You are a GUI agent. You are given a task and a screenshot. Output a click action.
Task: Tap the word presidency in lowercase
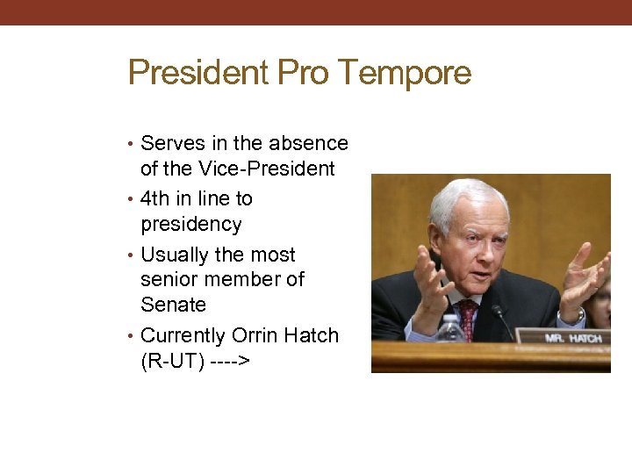(x=190, y=224)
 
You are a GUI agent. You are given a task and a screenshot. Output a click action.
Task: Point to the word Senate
(x=173, y=305)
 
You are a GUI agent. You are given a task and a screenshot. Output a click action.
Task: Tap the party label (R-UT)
(x=173, y=361)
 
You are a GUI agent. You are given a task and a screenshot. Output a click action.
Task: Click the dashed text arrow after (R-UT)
(x=231, y=361)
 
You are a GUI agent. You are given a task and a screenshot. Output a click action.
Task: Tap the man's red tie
(x=467, y=316)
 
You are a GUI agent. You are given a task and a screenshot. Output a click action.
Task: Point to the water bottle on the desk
(x=449, y=329)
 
